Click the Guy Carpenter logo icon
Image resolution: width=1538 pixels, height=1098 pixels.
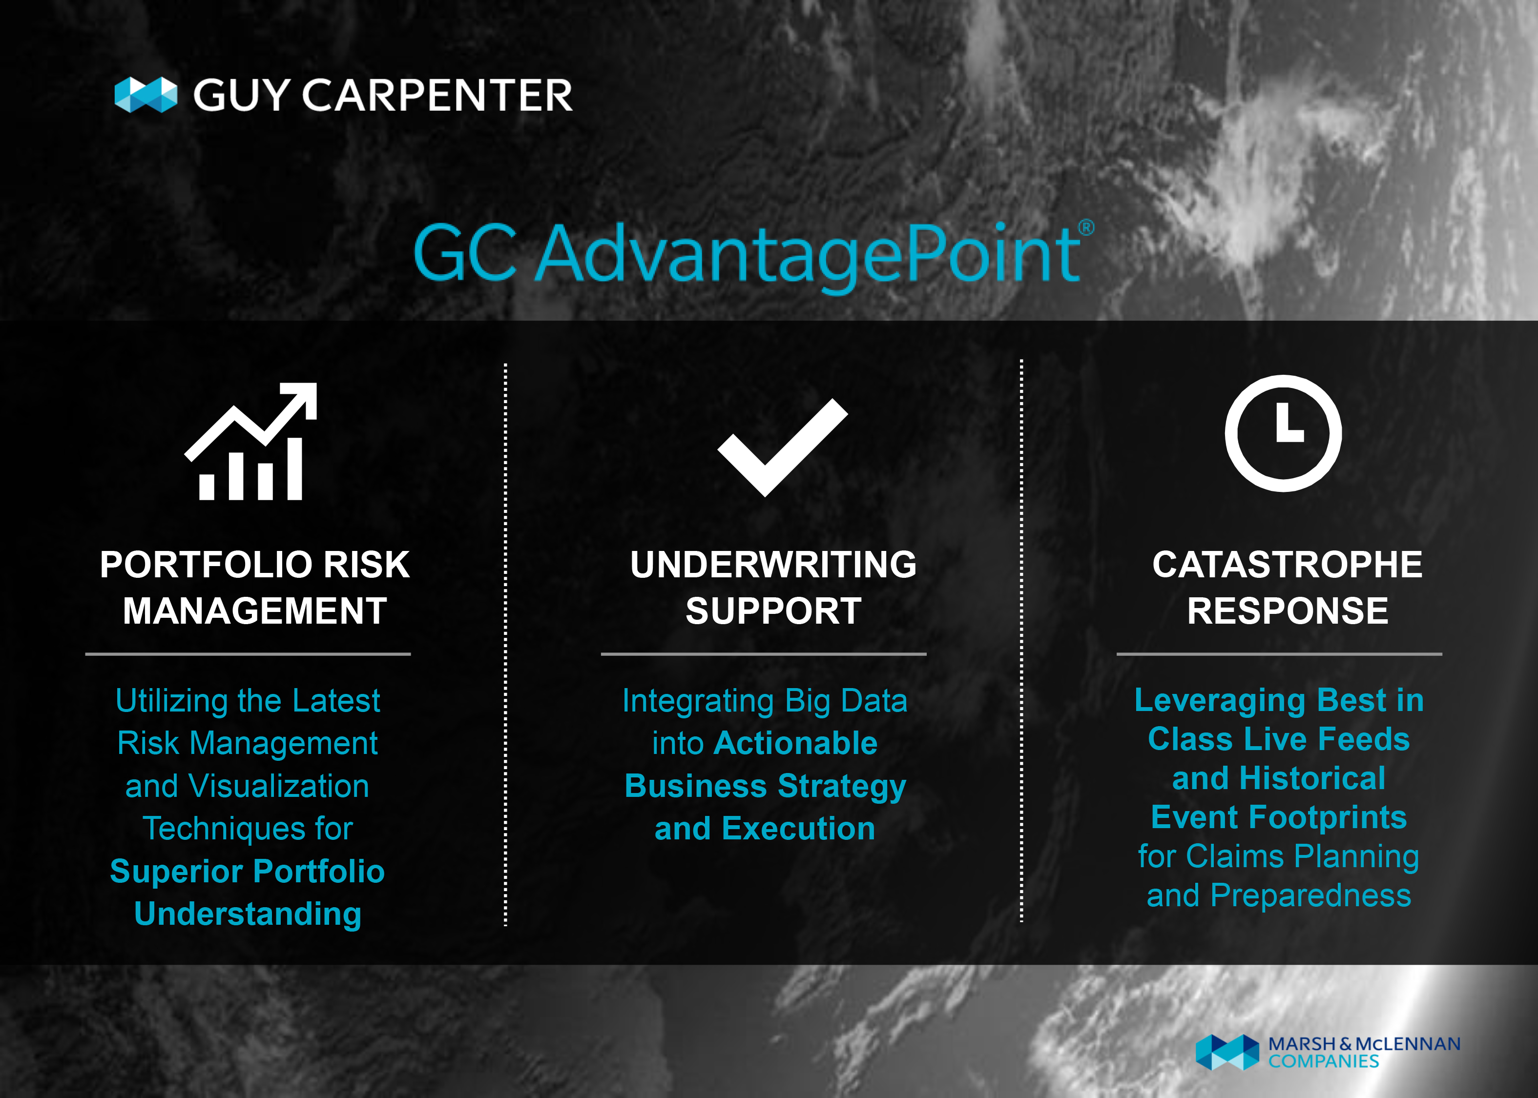(x=146, y=95)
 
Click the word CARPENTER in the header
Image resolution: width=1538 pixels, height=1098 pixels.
(x=437, y=95)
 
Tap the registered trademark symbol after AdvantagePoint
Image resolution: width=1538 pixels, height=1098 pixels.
(x=1085, y=227)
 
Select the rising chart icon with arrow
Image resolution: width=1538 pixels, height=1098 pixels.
(x=251, y=442)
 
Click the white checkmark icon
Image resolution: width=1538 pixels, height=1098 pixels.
(x=783, y=447)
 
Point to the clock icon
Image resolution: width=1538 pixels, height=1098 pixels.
(x=1283, y=433)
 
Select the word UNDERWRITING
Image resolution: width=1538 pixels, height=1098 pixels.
(x=773, y=565)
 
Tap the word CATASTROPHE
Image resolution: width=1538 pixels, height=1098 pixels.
(x=1287, y=565)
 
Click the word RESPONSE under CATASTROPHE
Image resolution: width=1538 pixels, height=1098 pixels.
(x=1288, y=610)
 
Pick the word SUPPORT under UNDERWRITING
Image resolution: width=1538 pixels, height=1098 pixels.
(x=774, y=610)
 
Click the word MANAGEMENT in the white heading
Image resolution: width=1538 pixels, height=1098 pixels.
(x=255, y=610)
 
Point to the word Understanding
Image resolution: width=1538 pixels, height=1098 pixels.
(x=248, y=914)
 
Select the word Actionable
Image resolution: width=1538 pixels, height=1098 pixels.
(x=795, y=743)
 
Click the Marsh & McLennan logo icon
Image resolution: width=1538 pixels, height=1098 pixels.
(x=1227, y=1052)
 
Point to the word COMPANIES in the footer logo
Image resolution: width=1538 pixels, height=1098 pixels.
(x=1324, y=1061)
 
